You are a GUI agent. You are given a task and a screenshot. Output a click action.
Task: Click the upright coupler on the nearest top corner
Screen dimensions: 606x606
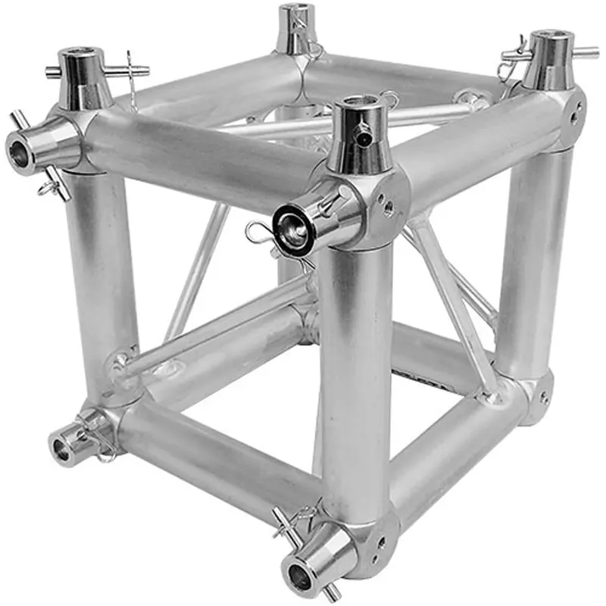point(359,136)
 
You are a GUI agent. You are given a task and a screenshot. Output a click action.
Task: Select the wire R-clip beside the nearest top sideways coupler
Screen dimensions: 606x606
point(258,232)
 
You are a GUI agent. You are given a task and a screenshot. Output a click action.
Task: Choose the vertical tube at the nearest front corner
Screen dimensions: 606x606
point(356,379)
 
